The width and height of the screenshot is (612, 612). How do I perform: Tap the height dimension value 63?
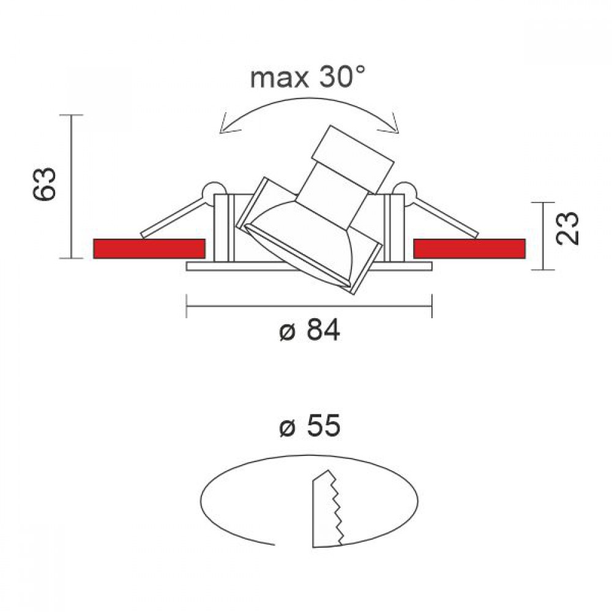[44, 184]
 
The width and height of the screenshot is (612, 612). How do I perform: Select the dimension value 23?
[567, 228]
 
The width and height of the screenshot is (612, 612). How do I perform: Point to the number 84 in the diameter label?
[323, 330]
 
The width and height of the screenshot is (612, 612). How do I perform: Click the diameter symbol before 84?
[287, 333]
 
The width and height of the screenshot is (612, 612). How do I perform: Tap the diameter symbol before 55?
[287, 428]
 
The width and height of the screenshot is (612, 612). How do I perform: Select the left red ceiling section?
[149, 248]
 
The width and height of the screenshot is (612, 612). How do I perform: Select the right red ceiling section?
[469, 248]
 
